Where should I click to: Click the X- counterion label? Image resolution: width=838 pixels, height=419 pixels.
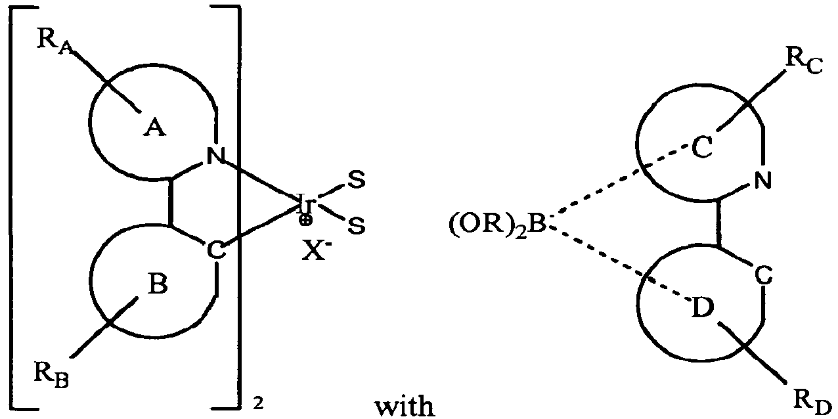coord(316,250)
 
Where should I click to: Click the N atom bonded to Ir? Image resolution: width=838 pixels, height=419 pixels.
coord(214,156)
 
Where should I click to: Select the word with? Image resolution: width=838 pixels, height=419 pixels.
coord(405,405)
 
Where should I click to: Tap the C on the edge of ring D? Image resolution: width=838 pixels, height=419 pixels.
coord(762,276)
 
